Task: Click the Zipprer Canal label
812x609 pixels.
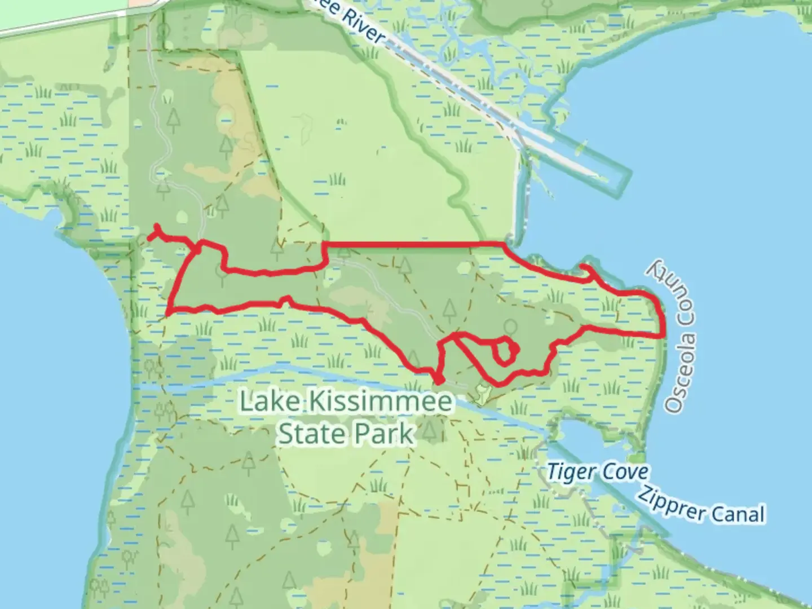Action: coord(701,505)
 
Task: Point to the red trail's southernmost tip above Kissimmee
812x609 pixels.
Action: coord(438,382)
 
